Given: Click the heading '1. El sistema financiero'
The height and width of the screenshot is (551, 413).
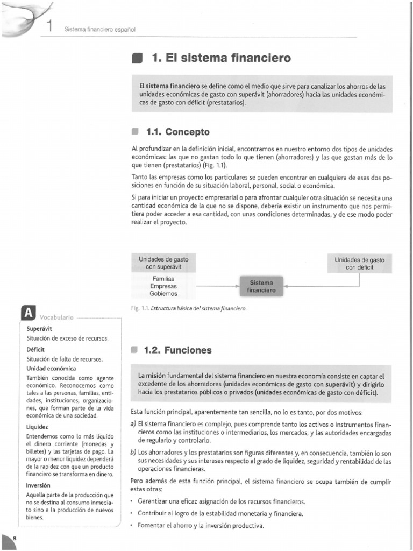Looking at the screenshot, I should click(x=221, y=58).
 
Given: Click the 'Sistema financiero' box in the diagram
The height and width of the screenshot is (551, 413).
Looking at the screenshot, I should click(x=261, y=286).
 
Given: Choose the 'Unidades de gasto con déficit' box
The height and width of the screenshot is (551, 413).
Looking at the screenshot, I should click(x=359, y=263).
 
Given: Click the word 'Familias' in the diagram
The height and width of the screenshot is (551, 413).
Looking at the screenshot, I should click(x=163, y=279).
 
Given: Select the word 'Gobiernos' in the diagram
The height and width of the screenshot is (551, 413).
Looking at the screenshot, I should click(x=163, y=294).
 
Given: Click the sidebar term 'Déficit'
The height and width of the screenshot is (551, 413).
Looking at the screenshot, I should click(x=35, y=349).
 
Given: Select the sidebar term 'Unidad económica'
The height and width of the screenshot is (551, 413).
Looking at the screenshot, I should click(x=51, y=369).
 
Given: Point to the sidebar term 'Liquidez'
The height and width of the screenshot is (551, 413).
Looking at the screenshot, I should click(x=37, y=426).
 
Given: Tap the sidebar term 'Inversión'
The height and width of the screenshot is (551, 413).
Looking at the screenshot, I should click(x=38, y=485).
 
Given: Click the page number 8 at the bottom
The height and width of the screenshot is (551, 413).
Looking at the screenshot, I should click(x=14, y=539).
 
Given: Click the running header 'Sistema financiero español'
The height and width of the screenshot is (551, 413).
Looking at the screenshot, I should click(x=99, y=29).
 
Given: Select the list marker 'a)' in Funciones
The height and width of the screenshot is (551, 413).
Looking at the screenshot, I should click(x=133, y=425).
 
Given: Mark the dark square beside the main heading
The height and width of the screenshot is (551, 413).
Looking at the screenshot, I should click(x=137, y=58).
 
